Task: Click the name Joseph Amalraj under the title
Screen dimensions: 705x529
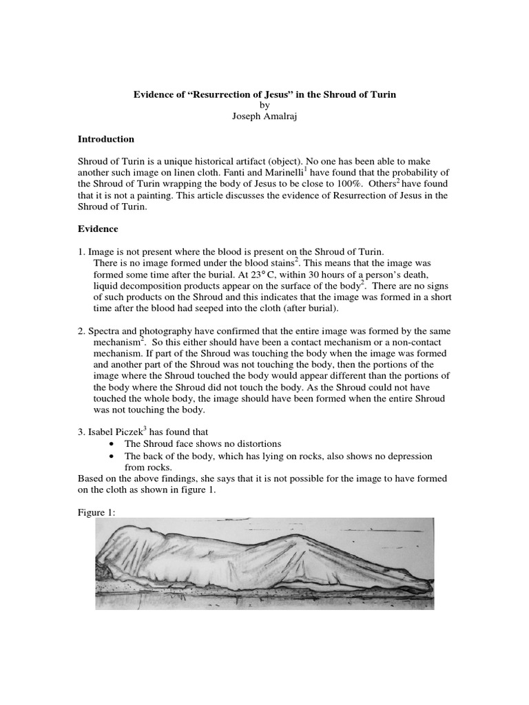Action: click(264, 116)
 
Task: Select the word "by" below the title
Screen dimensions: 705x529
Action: click(264, 105)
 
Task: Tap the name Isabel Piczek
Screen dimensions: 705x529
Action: click(114, 431)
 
